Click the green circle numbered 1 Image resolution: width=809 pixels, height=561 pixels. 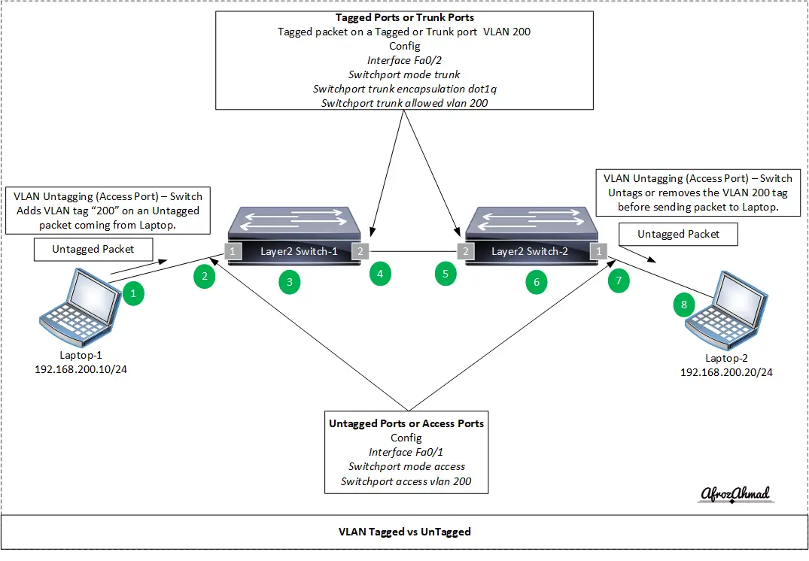(133, 293)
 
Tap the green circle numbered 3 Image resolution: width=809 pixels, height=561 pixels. (289, 283)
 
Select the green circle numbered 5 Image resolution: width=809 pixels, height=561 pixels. (446, 274)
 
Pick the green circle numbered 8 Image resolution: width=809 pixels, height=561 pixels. (683, 305)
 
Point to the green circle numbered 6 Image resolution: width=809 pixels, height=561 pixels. (536, 283)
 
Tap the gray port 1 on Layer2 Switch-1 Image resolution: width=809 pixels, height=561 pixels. (234, 250)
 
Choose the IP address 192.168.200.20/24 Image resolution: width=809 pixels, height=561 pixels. (726, 372)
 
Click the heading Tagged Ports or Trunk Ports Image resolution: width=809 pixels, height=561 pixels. (405, 17)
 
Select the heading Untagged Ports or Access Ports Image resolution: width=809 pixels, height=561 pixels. (406, 423)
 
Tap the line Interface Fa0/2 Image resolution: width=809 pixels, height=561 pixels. (405, 60)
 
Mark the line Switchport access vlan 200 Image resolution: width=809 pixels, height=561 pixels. (406, 481)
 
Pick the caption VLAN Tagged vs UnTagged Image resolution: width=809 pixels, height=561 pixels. (404, 532)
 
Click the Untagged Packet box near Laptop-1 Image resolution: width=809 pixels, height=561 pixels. (93, 249)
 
